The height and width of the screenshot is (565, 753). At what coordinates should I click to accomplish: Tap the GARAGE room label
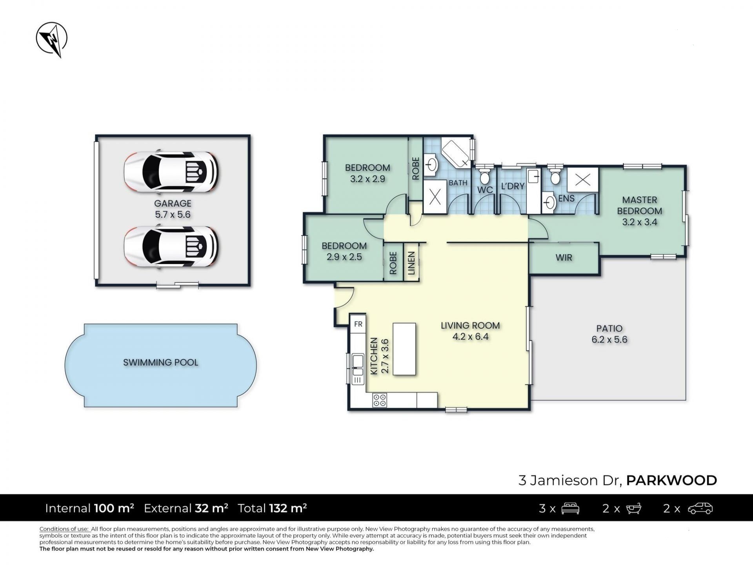pyautogui.click(x=173, y=203)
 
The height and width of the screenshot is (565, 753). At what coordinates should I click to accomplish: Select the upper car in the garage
pyautogui.click(x=171, y=171)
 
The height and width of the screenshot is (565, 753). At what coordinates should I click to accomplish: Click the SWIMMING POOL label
pyautogui.click(x=160, y=362)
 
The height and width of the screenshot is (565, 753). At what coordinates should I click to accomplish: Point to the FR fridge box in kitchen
pyautogui.click(x=358, y=324)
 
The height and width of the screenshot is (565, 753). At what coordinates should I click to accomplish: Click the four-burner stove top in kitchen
pyautogui.click(x=380, y=400)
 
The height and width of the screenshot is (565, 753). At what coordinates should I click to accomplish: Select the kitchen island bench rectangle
pyautogui.click(x=404, y=349)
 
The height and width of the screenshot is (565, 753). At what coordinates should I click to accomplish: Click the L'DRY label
pyautogui.click(x=513, y=186)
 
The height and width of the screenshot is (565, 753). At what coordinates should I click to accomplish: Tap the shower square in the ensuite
pyautogui.click(x=583, y=180)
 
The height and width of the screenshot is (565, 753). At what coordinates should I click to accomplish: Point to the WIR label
pyautogui.click(x=564, y=258)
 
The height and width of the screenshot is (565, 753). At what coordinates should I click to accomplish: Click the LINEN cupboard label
pyautogui.click(x=411, y=262)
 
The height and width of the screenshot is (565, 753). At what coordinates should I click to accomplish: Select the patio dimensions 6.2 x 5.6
pyautogui.click(x=609, y=340)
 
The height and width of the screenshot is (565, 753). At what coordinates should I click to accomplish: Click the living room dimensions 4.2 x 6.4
pyautogui.click(x=470, y=337)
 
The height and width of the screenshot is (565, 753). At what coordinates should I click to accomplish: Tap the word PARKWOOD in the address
pyautogui.click(x=671, y=480)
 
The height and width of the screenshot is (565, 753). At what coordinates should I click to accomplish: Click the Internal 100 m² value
pyautogui.click(x=114, y=508)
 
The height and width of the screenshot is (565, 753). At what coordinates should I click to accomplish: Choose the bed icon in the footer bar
pyautogui.click(x=570, y=508)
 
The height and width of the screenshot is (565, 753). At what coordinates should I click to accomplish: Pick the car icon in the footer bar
pyautogui.click(x=700, y=508)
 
